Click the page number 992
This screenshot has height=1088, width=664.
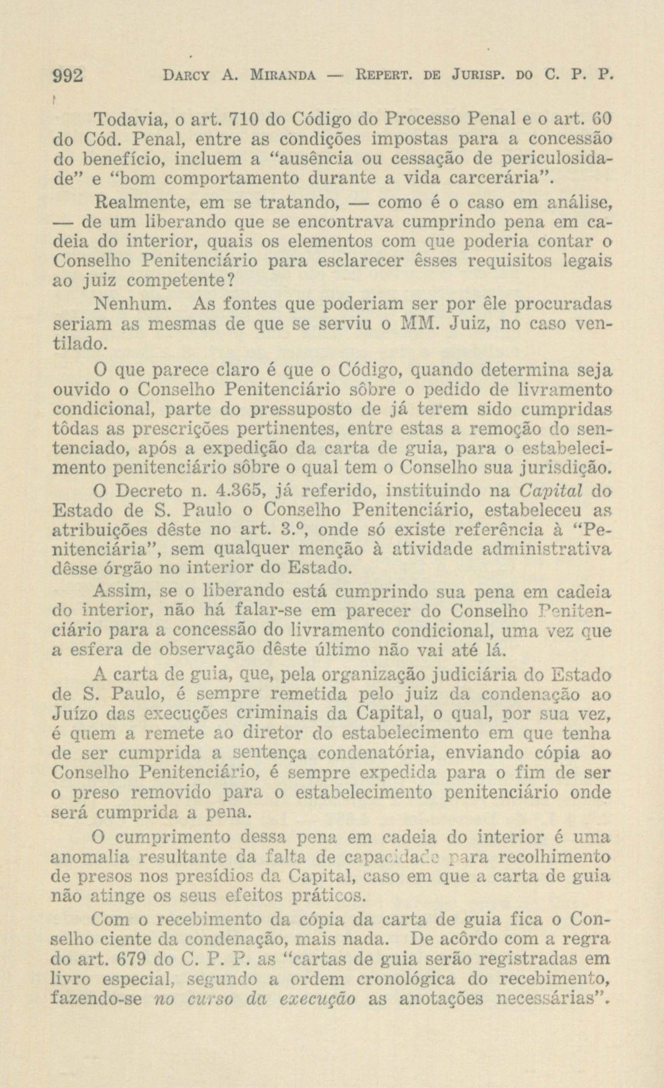coord(68,78)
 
